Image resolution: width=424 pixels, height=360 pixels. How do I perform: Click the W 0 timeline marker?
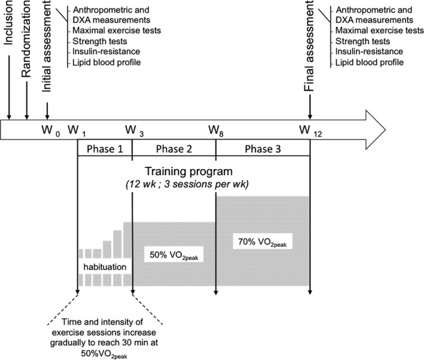coord(50,130)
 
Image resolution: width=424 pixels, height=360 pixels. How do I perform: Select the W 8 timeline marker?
coord(216,130)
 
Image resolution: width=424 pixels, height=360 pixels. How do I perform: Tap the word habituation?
coord(103,264)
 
